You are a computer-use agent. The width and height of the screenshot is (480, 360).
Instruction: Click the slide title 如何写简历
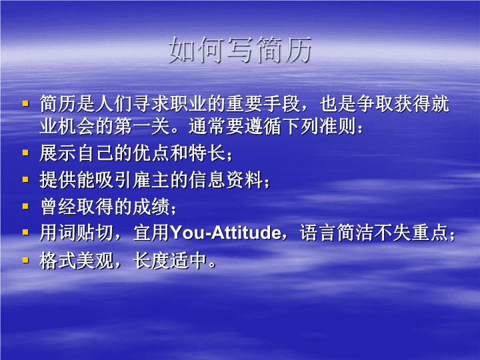point(240,50)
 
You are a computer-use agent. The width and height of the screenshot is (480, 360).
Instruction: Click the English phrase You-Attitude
point(225,233)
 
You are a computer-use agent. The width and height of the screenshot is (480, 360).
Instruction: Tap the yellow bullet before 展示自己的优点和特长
point(25,152)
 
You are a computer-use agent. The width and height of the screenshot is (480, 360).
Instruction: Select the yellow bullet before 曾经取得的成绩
point(25,206)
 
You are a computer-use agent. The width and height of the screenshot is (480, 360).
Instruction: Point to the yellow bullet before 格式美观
point(25,260)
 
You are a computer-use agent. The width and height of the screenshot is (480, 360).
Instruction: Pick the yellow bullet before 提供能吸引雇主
point(25,179)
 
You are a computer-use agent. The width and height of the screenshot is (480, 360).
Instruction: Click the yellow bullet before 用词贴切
point(25,233)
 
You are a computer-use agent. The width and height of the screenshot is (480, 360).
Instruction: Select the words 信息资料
point(226,180)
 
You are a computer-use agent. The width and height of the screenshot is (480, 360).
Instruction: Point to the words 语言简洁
point(337,233)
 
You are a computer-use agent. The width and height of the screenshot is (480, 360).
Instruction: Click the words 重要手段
point(263,103)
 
